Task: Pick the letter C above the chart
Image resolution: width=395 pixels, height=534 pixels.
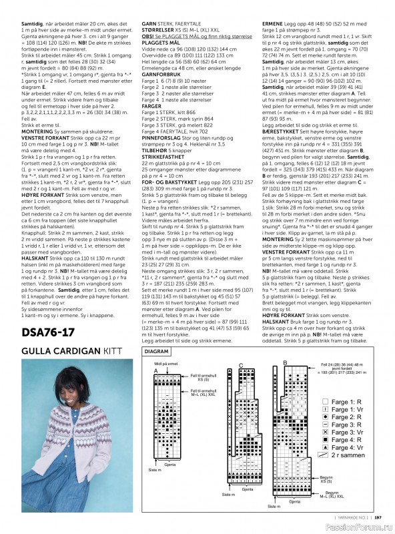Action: click(x=240, y=365)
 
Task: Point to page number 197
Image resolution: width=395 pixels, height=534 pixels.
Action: click(x=378, y=517)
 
